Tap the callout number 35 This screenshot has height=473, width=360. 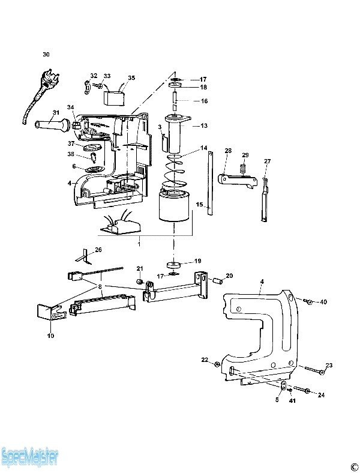(131, 78)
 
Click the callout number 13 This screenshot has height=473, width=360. (204, 125)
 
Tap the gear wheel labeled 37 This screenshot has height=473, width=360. (92, 148)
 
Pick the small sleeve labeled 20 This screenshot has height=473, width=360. (217, 281)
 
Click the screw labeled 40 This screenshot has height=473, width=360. (308, 301)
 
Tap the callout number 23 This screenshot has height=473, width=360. (329, 365)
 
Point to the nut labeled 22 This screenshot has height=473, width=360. (217, 365)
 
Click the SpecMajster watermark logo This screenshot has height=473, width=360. (29, 457)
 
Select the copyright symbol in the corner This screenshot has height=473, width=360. (353, 466)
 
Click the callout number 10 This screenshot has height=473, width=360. (50, 336)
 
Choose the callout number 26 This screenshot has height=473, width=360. (98, 250)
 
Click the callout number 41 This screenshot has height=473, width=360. (292, 400)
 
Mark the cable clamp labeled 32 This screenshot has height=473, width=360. (86, 88)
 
